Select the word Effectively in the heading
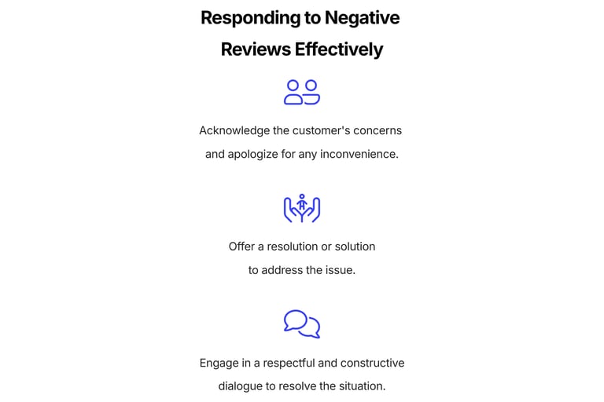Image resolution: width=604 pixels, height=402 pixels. [x=339, y=49]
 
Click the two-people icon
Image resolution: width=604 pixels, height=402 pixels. [x=302, y=92]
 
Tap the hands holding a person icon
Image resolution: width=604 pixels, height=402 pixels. [x=302, y=208]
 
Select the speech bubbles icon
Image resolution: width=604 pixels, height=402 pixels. [x=302, y=323]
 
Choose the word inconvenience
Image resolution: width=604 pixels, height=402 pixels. [x=359, y=154]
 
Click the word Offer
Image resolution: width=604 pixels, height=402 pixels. [x=242, y=247]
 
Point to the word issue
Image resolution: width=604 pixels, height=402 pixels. [x=340, y=270]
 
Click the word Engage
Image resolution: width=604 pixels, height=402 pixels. [x=219, y=364]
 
